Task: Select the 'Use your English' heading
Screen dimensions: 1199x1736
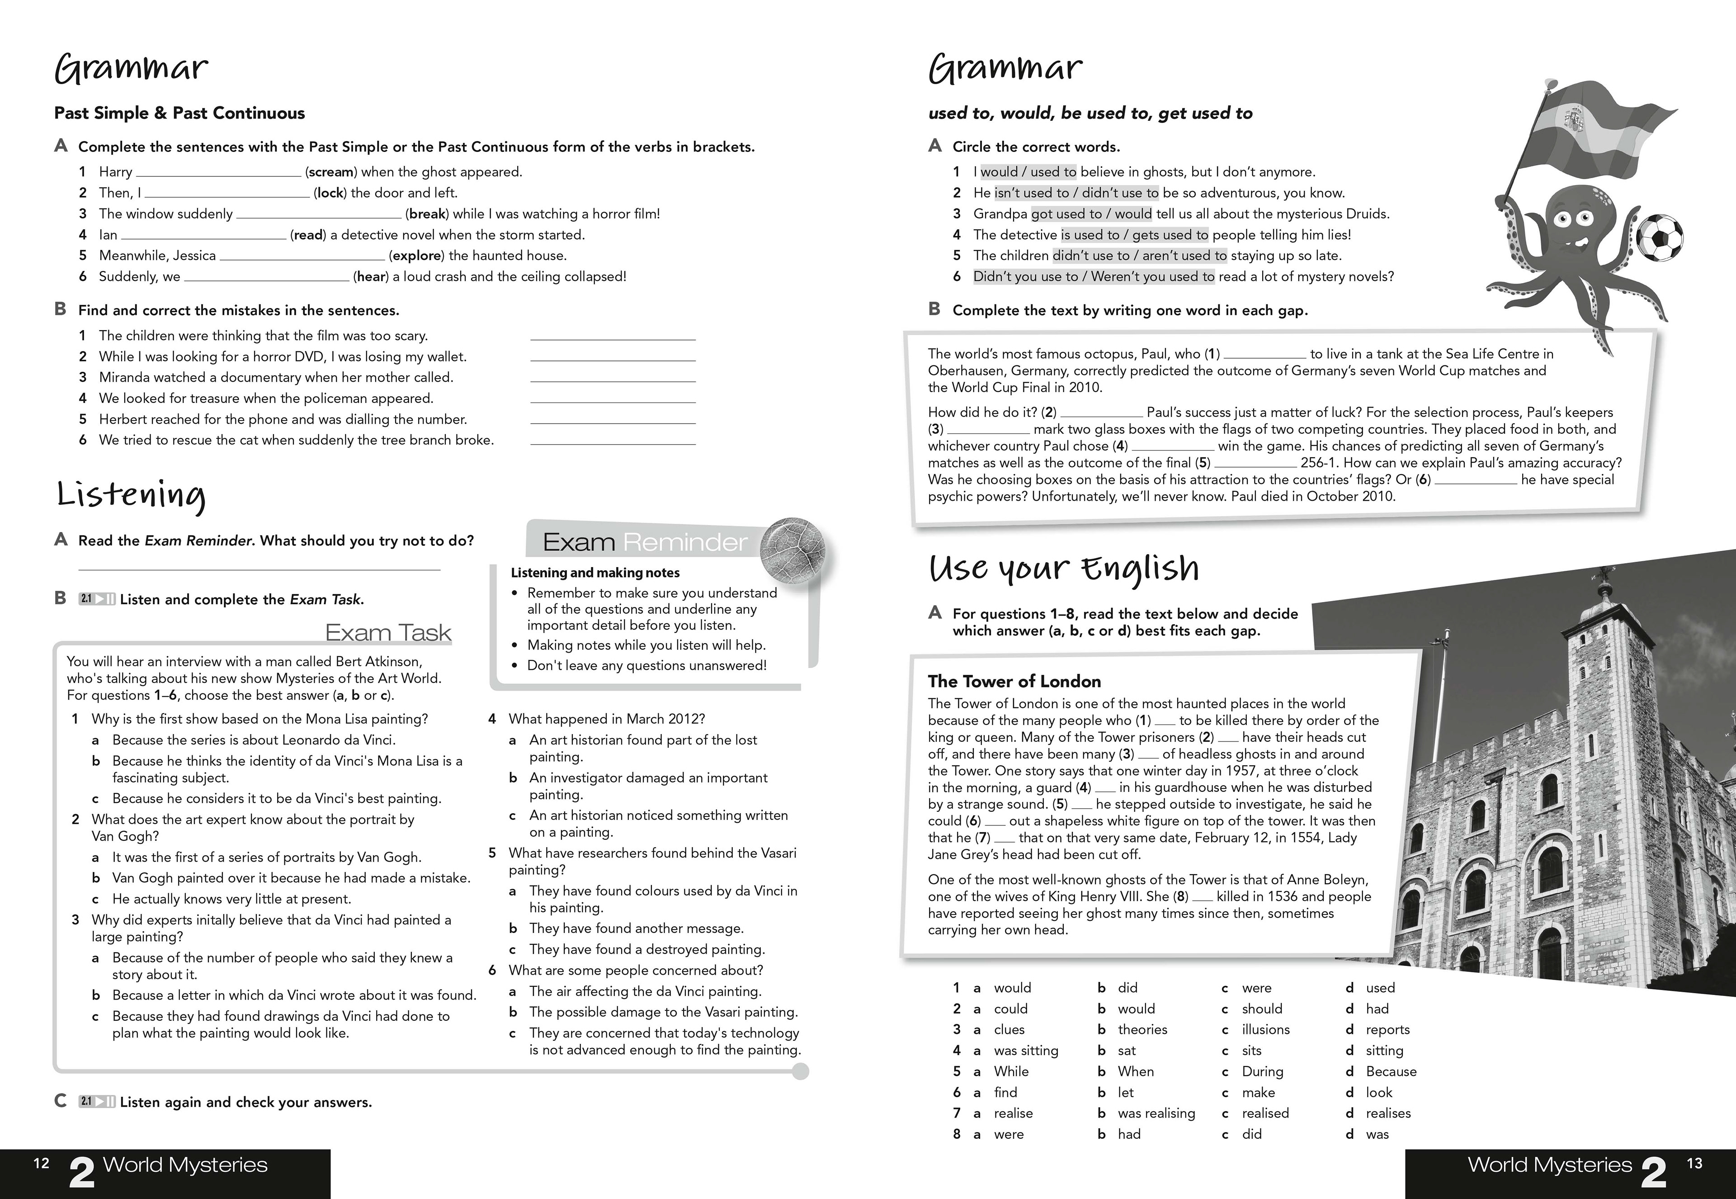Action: [x=1063, y=569]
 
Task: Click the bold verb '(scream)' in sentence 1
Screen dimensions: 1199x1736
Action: [x=331, y=172]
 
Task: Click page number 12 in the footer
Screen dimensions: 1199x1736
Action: [x=41, y=1164]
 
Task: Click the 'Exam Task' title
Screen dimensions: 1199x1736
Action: [x=388, y=633]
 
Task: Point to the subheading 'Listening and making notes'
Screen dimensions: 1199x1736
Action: [x=594, y=573]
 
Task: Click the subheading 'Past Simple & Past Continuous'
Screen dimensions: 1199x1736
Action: [x=179, y=114]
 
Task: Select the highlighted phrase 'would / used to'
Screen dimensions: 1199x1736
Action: [x=1028, y=172]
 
